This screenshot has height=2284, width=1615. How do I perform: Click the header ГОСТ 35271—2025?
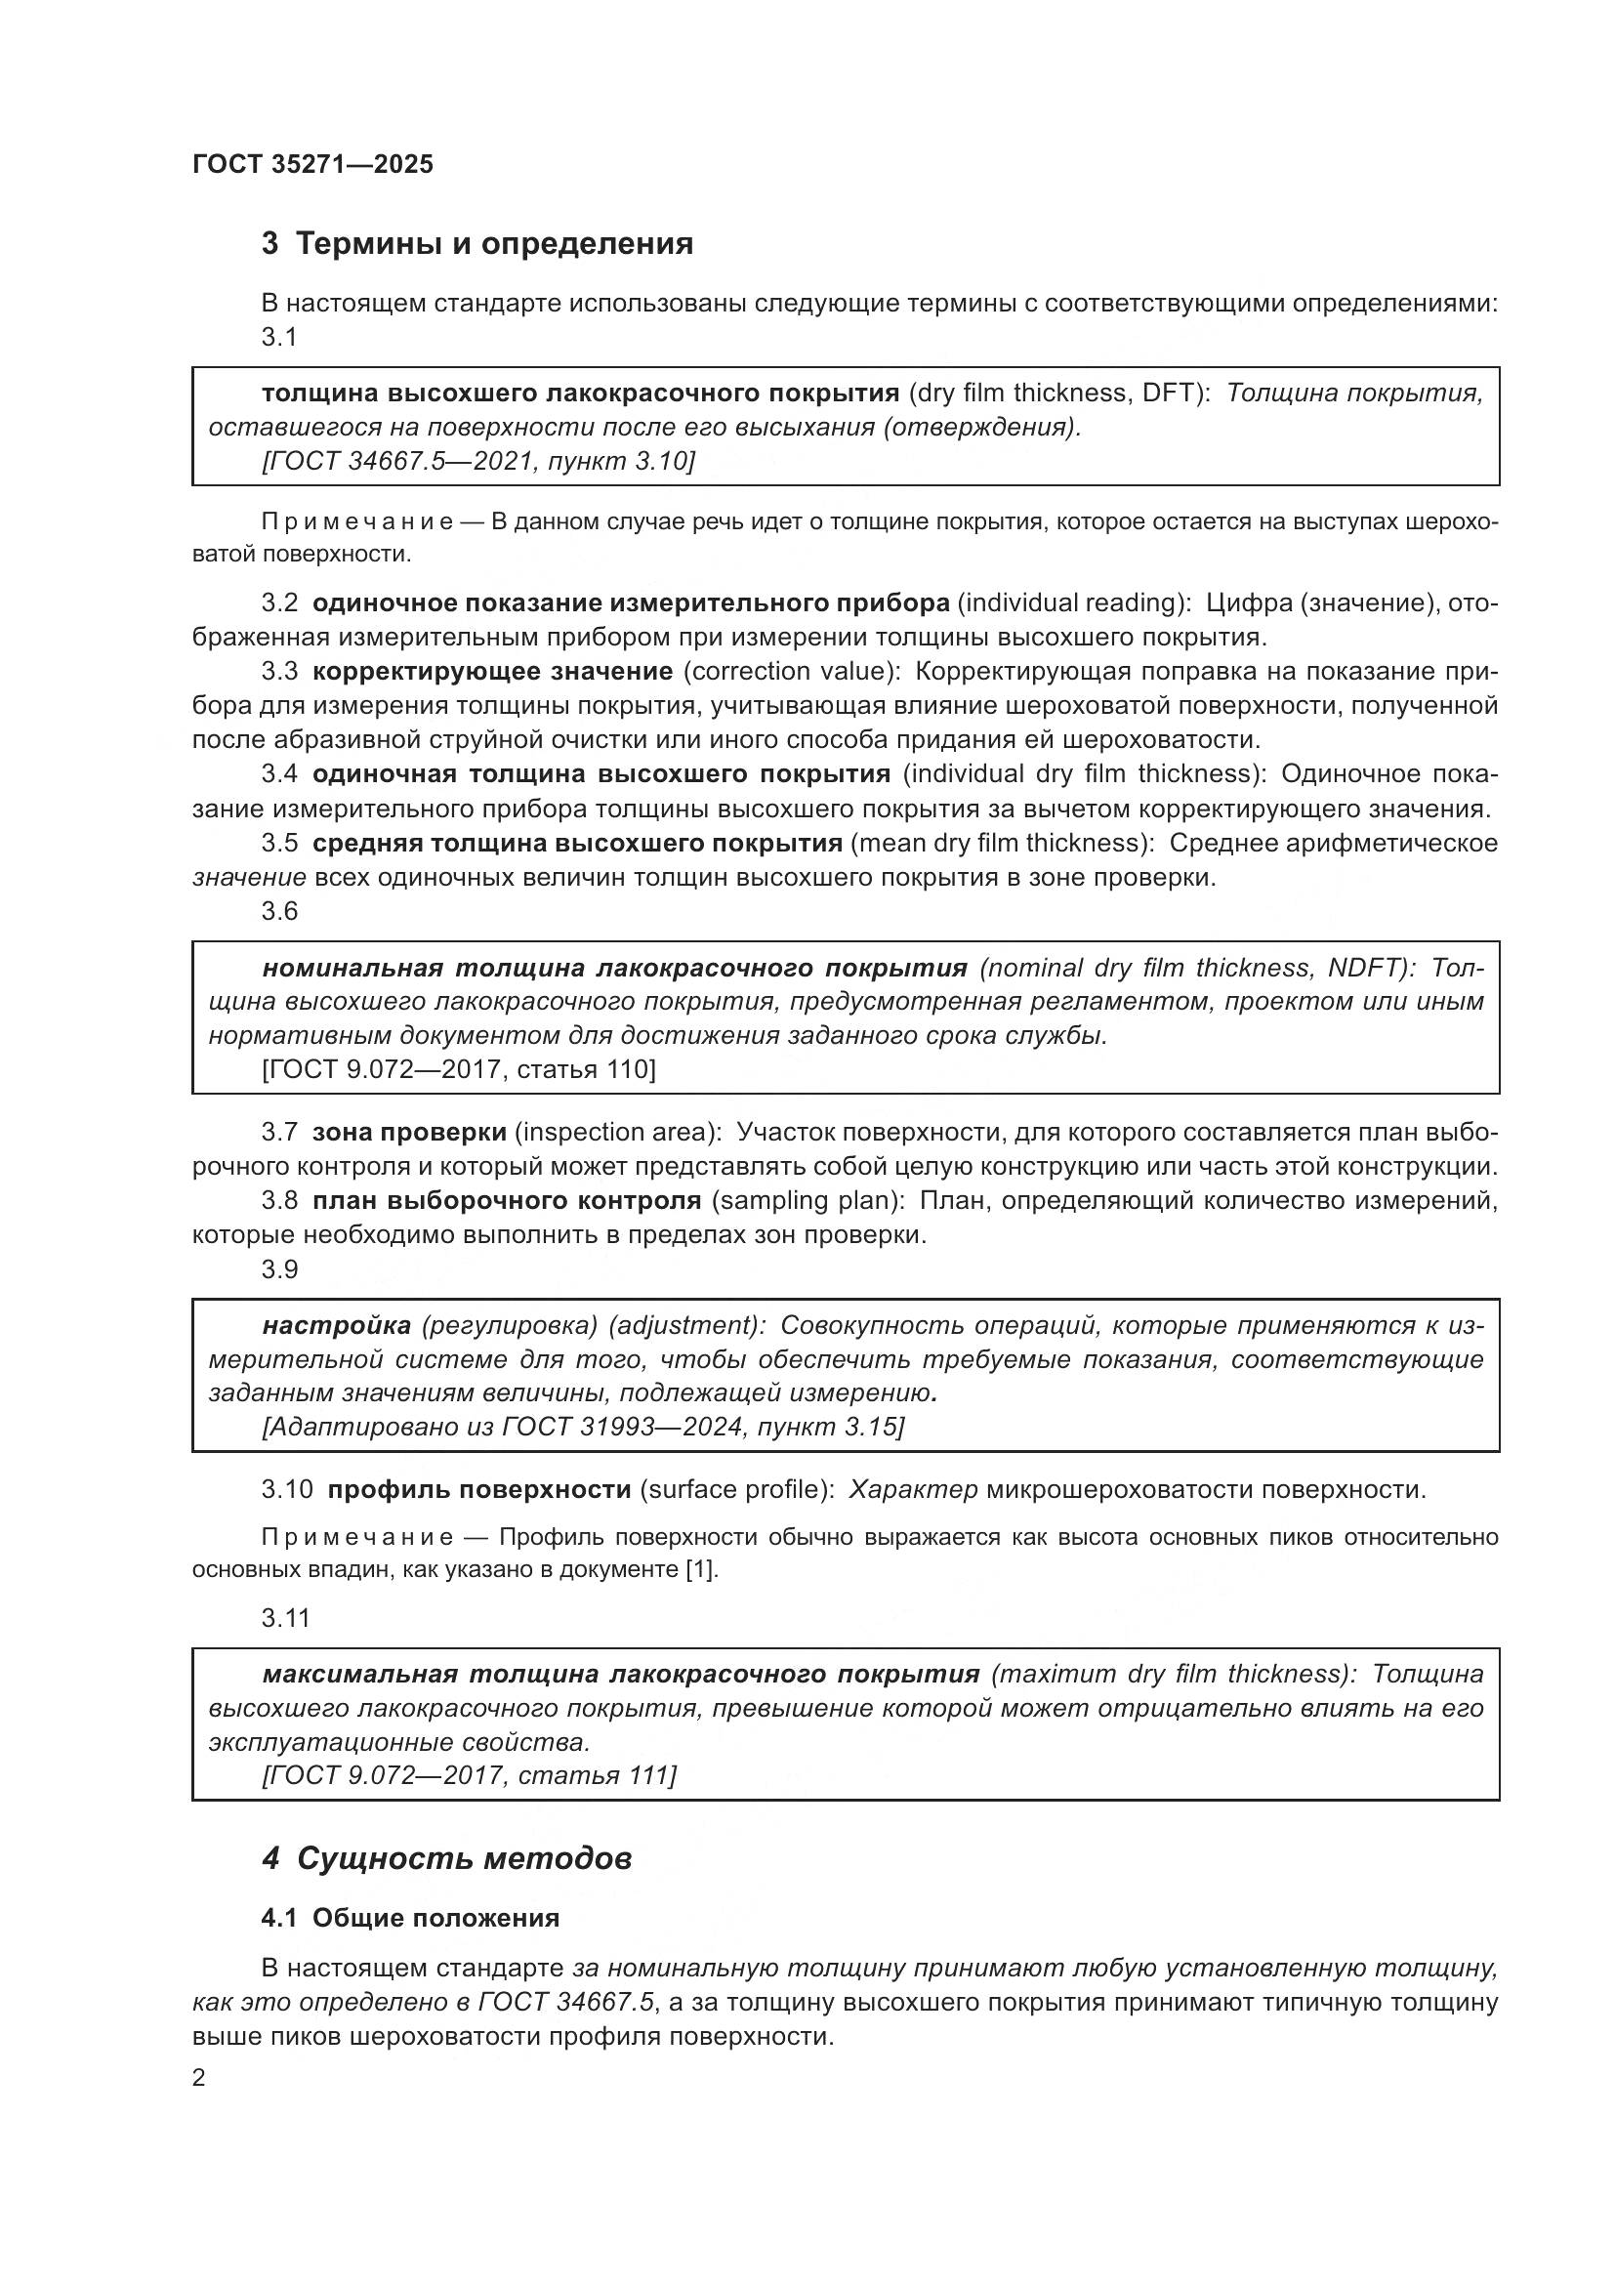pos(312,165)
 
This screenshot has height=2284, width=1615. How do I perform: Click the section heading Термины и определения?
pos(494,244)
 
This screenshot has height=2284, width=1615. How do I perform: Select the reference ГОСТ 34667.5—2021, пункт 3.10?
pos(478,461)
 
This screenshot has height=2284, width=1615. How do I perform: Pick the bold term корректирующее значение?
pos(492,672)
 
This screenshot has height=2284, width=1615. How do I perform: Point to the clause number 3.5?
pos(279,844)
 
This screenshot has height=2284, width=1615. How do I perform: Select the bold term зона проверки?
pos(409,1132)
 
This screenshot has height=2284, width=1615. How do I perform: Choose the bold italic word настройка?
pos(336,1326)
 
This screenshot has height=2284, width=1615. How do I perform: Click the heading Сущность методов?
pos(464,1858)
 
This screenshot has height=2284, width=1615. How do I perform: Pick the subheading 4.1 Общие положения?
pos(410,1918)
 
